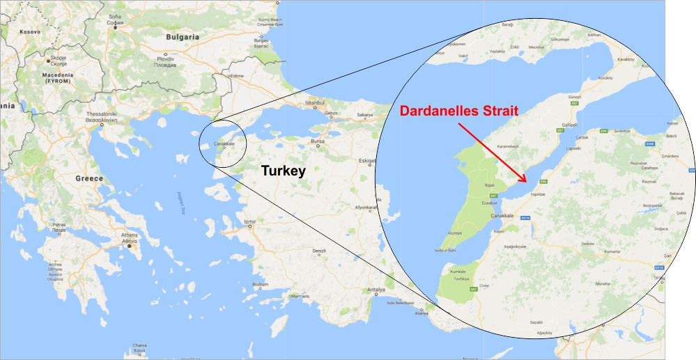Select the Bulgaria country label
183,37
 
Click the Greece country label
89,179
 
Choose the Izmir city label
249,222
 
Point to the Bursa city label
318,141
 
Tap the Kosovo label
30,31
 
